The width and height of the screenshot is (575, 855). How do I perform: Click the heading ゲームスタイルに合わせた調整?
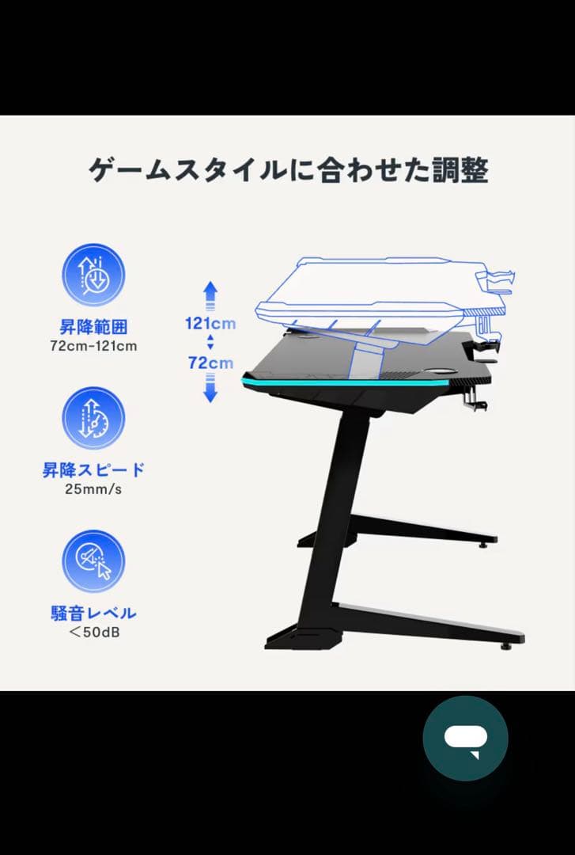click(x=287, y=170)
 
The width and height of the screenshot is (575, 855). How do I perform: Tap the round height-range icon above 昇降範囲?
click(x=93, y=275)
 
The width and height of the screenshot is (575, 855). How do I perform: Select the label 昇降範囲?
click(x=93, y=326)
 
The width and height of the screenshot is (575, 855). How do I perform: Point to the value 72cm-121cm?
click(x=93, y=345)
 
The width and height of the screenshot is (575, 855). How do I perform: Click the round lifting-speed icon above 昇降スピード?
click(x=93, y=418)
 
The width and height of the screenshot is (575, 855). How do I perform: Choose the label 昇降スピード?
click(x=93, y=469)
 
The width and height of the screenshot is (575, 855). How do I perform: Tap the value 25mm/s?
click(x=93, y=488)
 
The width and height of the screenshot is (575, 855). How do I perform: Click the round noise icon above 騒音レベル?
click(x=93, y=560)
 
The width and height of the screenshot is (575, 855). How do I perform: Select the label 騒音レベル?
click(x=93, y=613)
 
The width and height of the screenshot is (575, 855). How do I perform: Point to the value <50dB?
click(x=93, y=632)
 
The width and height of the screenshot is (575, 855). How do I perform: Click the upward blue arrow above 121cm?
click(x=210, y=294)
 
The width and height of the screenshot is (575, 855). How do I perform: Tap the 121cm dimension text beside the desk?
click(x=210, y=323)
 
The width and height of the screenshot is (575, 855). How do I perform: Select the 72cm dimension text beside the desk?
click(x=210, y=363)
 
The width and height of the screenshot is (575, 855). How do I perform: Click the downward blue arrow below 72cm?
click(x=210, y=389)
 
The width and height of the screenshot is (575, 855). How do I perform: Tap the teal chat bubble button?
click(x=465, y=738)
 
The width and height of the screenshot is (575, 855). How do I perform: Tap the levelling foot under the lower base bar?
click(x=505, y=645)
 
